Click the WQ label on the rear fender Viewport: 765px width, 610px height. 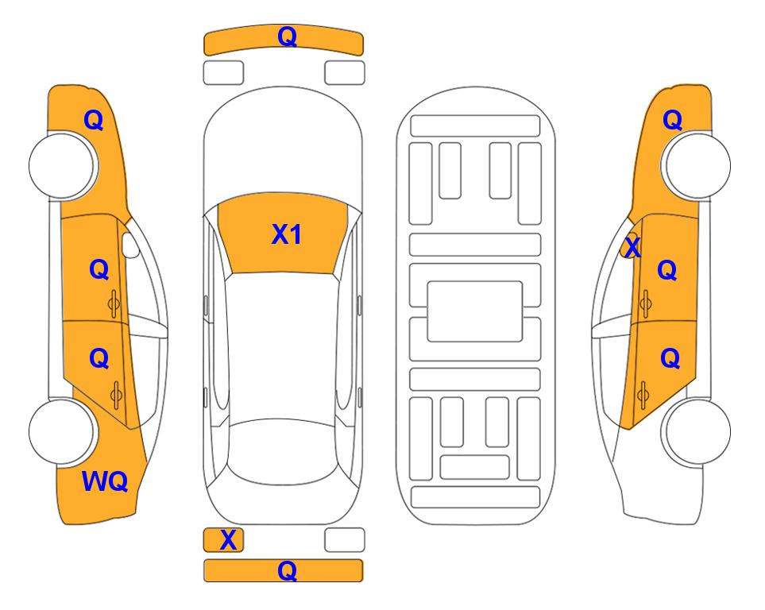click(x=105, y=481)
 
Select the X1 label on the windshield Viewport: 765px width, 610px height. click(x=287, y=234)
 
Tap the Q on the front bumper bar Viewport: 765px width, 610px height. click(x=288, y=36)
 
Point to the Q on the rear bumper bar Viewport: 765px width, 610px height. click(x=288, y=570)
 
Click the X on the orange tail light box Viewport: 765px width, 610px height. click(x=228, y=540)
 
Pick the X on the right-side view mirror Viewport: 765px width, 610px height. click(x=632, y=246)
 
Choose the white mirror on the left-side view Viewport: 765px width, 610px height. click(x=131, y=245)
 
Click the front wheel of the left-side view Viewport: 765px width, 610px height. click(x=62, y=166)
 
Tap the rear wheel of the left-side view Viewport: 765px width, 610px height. click(x=62, y=431)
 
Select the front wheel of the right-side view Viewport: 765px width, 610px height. click(x=697, y=166)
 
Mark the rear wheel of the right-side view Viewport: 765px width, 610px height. click(x=697, y=431)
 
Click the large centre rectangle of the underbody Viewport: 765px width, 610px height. click(x=475, y=311)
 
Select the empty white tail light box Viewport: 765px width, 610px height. click(x=345, y=540)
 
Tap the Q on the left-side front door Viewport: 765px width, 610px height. click(x=99, y=269)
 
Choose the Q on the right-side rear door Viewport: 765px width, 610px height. click(x=670, y=359)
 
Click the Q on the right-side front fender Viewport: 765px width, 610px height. click(x=672, y=120)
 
